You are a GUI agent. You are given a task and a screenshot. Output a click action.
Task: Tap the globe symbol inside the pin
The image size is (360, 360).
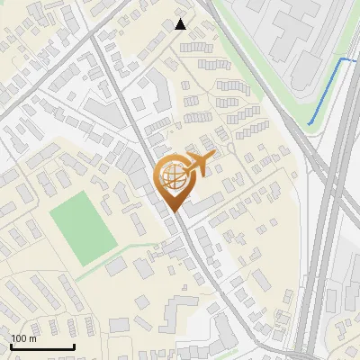(x=173, y=177)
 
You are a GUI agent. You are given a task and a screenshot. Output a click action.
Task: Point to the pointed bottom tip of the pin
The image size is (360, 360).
(x=175, y=212)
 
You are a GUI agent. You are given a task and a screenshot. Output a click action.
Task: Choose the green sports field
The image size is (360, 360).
(x=82, y=228)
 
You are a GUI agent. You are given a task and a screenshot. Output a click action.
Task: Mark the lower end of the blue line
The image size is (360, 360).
(x=309, y=123)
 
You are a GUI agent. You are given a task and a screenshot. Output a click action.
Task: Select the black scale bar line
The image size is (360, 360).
(x=41, y=347)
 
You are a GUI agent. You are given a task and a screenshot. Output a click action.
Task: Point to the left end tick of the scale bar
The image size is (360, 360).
(x=10, y=346)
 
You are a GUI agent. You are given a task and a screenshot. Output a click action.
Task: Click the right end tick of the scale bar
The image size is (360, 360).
(x=73, y=346)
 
